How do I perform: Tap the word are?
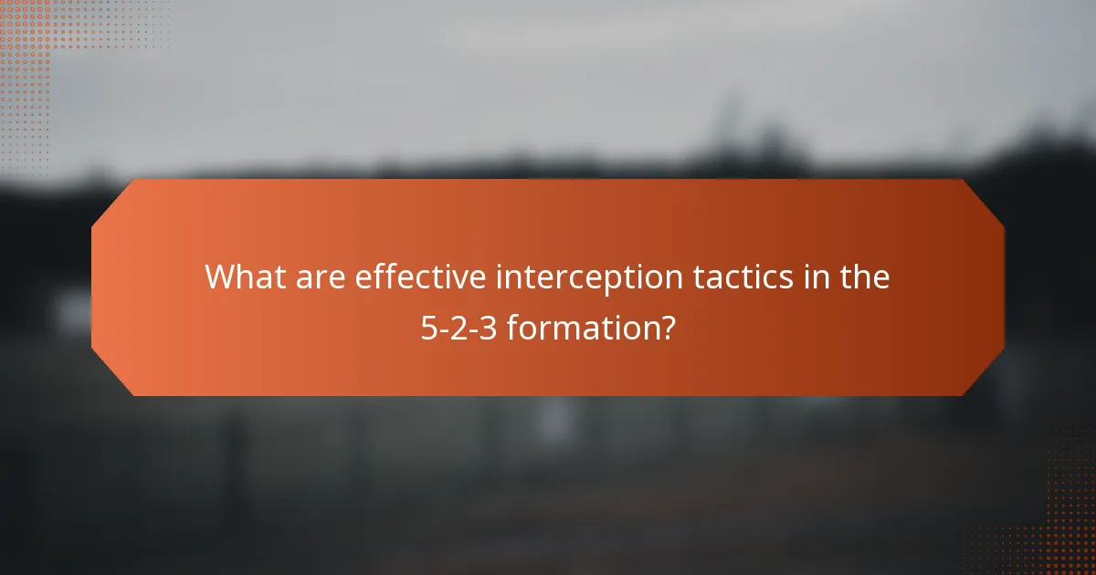click(320, 277)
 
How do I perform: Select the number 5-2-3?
click(459, 328)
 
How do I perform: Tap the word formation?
click(582, 328)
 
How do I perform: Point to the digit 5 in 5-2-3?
click(428, 328)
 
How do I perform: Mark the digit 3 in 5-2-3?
click(490, 328)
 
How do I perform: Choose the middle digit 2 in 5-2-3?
click(459, 328)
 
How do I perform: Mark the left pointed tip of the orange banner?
click(93, 287)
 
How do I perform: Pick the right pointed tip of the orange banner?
click(1003, 287)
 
